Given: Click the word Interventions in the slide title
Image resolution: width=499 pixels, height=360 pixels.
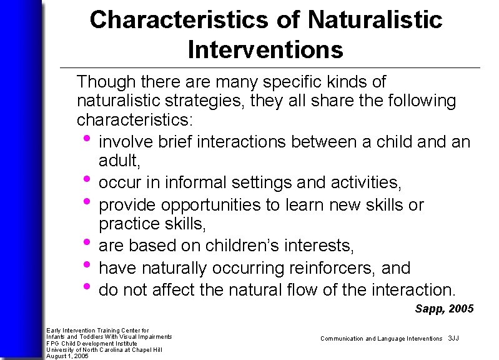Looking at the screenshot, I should tap(265, 49).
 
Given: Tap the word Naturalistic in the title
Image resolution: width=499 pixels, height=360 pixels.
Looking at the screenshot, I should tap(375, 20).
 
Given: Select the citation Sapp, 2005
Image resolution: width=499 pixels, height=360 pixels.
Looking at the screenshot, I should tap(444, 309).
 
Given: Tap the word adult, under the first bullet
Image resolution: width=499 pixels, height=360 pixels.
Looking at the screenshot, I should tap(120, 161).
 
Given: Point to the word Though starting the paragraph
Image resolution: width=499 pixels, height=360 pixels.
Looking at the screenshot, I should tap(100, 82).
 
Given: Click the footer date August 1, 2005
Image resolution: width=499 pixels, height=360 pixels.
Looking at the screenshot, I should tap(67, 356).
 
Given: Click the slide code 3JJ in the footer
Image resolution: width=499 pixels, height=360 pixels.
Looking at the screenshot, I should tap(453, 338).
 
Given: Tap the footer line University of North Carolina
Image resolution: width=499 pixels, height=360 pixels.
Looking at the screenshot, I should tap(104, 349).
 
